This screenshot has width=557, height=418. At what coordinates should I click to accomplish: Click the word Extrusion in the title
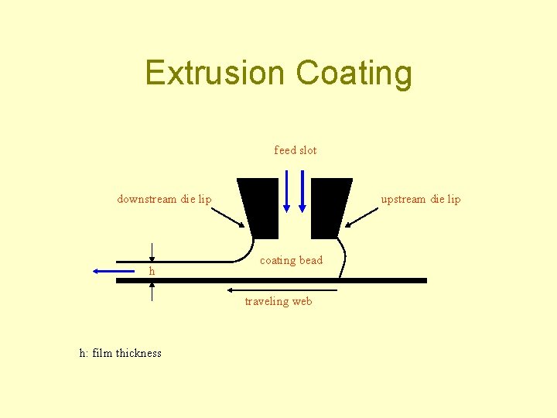pyautogui.click(x=215, y=74)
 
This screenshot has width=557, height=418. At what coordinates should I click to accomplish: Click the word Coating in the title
pyautogui.click(x=354, y=74)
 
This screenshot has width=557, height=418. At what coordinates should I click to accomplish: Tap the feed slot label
pyautogui.click(x=296, y=150)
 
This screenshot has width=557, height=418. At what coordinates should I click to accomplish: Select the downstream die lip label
pyautogui.click(x=164, y=199)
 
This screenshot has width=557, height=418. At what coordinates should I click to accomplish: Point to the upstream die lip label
pyautogui.click(x=420, y=199)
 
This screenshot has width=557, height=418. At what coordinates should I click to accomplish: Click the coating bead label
pyautogui.click(x=291, y=260)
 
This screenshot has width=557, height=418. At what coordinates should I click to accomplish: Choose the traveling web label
pyautogui.click(x=278, y=301)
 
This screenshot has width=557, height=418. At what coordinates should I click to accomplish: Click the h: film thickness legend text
pyautogui.click(x=121, y=353)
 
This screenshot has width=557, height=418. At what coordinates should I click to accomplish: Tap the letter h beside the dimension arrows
pyautogui.click(x=152, y=272)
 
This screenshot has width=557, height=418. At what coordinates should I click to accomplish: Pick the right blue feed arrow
pyautogui.click(x=302, y=190)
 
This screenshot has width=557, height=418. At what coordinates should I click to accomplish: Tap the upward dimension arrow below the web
pyautogui.click(x=152, y=293)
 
